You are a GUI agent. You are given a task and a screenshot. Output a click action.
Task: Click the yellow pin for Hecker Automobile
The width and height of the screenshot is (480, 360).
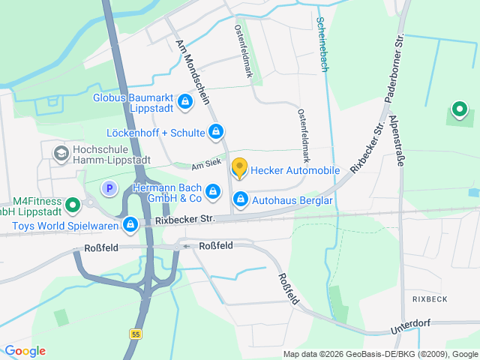(x=239, y=168)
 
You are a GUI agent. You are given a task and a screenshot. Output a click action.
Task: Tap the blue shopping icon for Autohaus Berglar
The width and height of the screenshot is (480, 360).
(x=241, y=199)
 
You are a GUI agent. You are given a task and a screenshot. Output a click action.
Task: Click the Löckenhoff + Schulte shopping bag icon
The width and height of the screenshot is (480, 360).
(x=216, y=133)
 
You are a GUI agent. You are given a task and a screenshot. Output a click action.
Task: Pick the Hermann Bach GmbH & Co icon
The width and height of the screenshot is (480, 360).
(x=214, y=192)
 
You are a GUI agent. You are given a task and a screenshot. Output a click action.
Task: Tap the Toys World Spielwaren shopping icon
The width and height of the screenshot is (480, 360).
(x=130, y=223)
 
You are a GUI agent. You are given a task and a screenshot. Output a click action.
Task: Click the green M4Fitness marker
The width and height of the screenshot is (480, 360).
(x=73, y=204)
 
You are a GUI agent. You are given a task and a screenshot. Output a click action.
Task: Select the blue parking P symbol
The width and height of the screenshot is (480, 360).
(x=109, y=188)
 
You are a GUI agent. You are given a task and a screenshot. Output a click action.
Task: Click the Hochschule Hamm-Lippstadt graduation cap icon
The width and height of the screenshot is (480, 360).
(x=59, y=154)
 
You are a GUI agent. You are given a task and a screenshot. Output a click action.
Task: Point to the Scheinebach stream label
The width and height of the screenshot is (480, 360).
(x=322, y=44)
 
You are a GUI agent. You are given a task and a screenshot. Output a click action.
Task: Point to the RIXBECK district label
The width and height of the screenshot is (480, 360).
(x=429, y=298)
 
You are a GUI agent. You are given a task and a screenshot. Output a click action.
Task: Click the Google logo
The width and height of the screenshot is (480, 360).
(x=25, y=351)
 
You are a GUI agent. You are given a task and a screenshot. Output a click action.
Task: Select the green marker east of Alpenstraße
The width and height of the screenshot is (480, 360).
(x=457, y=111)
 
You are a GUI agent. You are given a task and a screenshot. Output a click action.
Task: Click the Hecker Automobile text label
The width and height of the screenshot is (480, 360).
(x=295, y=170)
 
